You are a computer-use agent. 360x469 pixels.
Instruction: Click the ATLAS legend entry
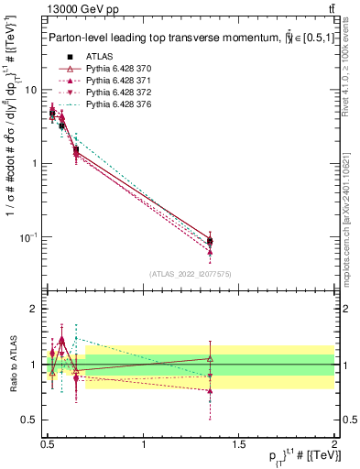(x=96, y=55)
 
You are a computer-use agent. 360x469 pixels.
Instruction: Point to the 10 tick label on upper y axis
(x=30, y=90)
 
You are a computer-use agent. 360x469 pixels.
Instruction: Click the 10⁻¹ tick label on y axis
(x=28, y=237)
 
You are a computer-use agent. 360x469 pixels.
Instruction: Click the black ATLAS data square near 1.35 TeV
(x=210, y=242)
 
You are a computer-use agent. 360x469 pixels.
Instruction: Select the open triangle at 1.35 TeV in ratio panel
(x=210, y=358)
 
